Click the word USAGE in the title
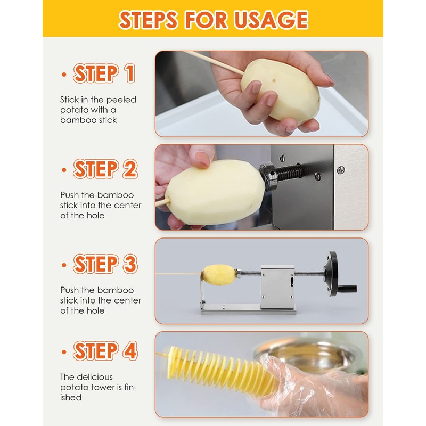(x=271, y=20)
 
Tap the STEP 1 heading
(x=104, y=73)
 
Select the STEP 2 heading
(x=105, y=169)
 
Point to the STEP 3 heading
(x=105, y=264)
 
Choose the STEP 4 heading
(x=105, y=351)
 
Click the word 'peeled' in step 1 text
(x=121, y=100)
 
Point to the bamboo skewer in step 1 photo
(x=215, y=62)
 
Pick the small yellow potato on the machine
(x=219, y=274)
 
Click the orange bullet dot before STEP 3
(x=64, y=265)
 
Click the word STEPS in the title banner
(x=149, y=20)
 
